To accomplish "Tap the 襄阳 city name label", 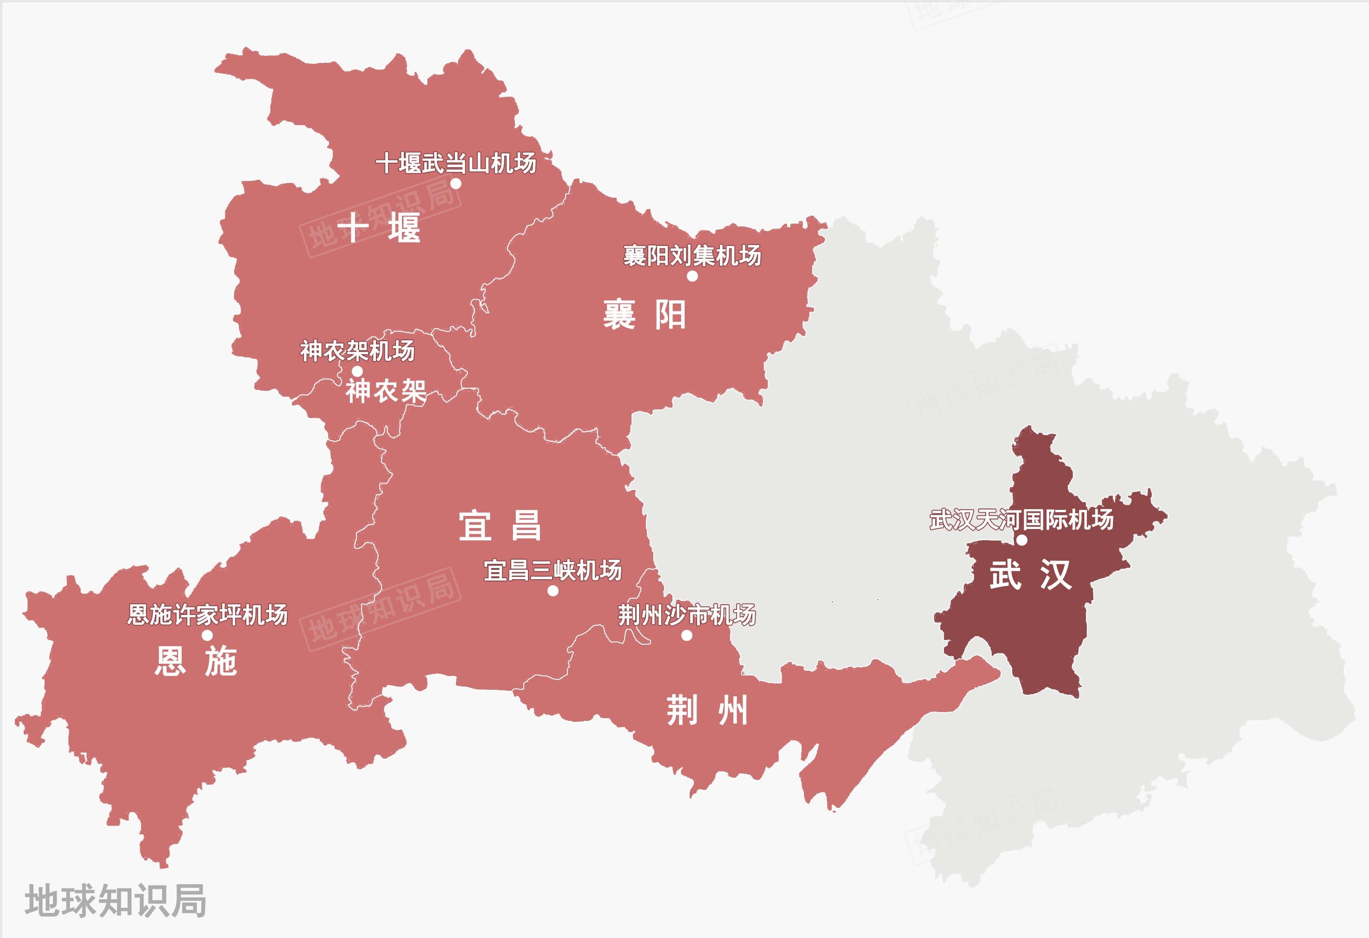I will tap(645, 315).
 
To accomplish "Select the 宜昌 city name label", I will tap(500, 526).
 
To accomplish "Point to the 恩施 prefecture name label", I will tap(196, 661).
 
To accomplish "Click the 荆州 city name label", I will tap(707, 710).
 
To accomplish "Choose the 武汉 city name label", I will tap(1030, 575).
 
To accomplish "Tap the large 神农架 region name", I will tap(386, 390).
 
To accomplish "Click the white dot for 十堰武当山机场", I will tap(455, 183).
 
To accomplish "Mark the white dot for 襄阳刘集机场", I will tap(692, 276).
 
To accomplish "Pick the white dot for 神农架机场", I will tap(357, 371).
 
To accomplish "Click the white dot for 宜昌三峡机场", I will tap(553, 590).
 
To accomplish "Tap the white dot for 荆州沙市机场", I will tap(686, 635).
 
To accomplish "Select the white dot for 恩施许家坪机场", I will tap(207, 635).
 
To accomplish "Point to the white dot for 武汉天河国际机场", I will tap(1022, 540).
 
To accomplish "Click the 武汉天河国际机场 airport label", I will tap(1021, 520).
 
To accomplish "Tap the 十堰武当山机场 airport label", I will tap(456, 163).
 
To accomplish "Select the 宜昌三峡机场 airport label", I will tap(553, 570).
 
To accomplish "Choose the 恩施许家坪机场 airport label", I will tap(207, 614).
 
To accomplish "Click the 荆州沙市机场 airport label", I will tap(687, 615).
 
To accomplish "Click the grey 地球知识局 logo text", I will tap(115, 900).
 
